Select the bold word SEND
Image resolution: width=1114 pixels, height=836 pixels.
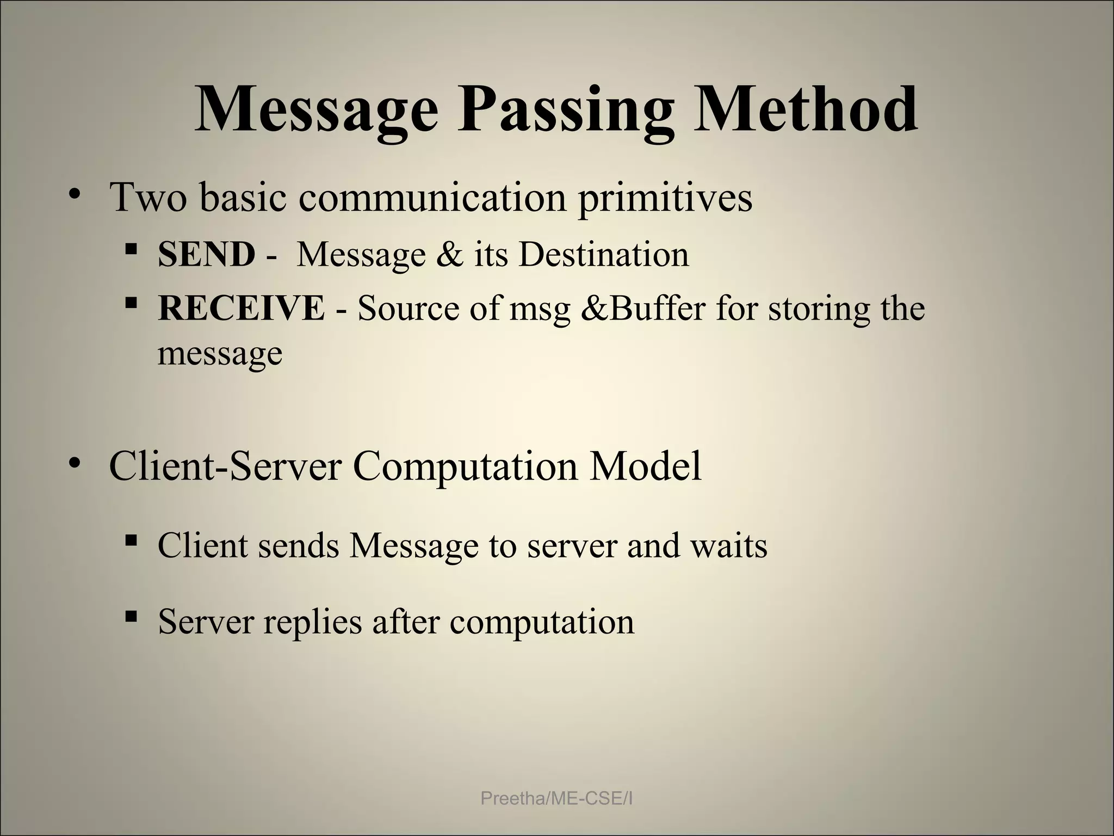coord(206,254)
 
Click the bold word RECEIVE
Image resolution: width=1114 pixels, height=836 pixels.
coord(241,308)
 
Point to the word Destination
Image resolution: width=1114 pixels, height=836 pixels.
coord(604,254)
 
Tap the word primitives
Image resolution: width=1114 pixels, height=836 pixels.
coord(665,198)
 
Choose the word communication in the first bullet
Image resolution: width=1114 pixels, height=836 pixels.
coord(432,196)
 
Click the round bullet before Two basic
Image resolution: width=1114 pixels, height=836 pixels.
coord(75,194)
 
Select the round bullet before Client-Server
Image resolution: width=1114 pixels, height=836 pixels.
coord(75,464)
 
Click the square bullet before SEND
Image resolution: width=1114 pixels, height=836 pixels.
coord(131,250)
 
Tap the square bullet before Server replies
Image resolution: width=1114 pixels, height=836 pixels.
coord(131,617)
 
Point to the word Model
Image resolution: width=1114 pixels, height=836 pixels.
coord(646,466)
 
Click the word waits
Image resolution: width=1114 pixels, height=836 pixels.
coord(729,545)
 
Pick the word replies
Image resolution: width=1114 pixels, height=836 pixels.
coord(312,622)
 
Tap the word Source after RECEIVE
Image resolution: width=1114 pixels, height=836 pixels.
coord(403,308)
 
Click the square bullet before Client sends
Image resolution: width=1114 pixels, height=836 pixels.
coord(131,540)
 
